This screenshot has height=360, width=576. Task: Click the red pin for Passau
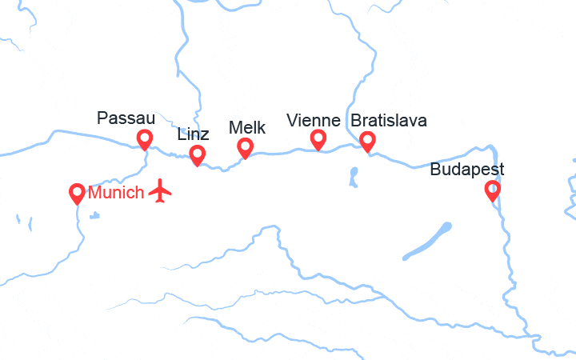[145, 138]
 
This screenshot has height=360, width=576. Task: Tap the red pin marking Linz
[196, 154]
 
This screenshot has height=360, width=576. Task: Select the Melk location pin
[246, 146]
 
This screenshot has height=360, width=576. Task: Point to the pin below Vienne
[318, 139]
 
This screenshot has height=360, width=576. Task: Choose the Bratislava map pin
[367, 141]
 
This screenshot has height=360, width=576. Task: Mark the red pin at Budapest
[493, 190]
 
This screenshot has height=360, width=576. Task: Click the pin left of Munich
[78, 192]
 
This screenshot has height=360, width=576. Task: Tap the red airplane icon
[161, 191]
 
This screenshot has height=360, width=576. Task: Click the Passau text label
[126, 118]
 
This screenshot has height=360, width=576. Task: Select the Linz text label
[193, 134]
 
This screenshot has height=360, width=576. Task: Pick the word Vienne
[313, 121]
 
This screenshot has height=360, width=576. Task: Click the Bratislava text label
[389, 121]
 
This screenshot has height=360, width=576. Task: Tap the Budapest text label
[467, 170]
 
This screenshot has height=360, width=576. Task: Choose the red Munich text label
[117, 192]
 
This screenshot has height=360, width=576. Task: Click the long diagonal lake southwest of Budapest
[428, 241]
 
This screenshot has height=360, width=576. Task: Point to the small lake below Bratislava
[353, 176]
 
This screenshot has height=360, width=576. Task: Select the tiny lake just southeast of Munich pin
[95, 214]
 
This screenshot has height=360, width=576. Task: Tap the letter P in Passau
[102, 118]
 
